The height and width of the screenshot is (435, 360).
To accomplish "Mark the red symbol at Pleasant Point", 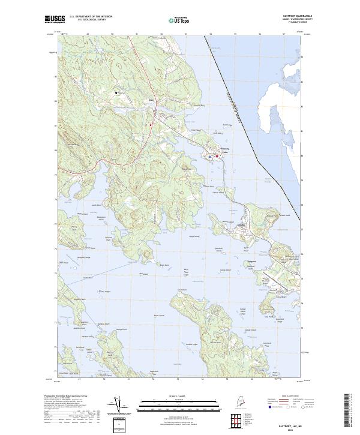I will [x=217, y=157].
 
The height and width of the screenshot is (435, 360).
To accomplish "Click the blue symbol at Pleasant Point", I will [x=210, y=157].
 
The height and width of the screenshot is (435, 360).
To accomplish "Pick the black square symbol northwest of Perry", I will [x=117, y=93].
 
